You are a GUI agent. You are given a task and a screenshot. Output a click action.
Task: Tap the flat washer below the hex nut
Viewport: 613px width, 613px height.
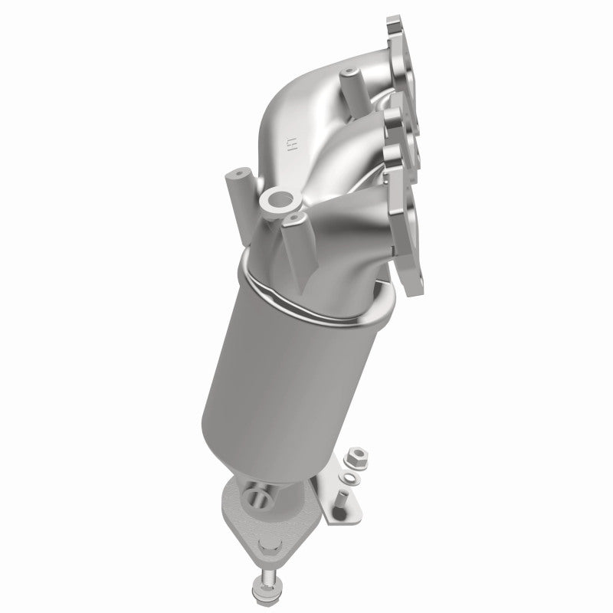(350, 478)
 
